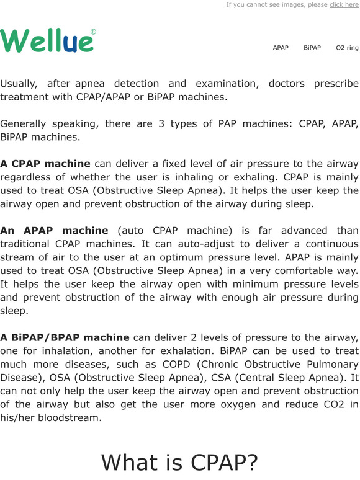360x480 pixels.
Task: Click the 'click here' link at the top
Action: point(344,5)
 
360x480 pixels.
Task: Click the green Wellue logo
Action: point(47,41)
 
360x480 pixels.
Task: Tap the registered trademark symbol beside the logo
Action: point(93,32)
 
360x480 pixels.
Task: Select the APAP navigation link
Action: point(281,48)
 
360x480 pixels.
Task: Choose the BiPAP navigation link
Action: point(312,48)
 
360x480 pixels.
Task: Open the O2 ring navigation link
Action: point(347,48)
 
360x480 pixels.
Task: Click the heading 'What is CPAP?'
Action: point(179,462)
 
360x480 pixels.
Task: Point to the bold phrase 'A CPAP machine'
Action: point(45,164)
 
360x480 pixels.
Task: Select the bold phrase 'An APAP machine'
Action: point(54,231)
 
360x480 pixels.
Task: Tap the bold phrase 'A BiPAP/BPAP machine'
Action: point(65,337)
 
